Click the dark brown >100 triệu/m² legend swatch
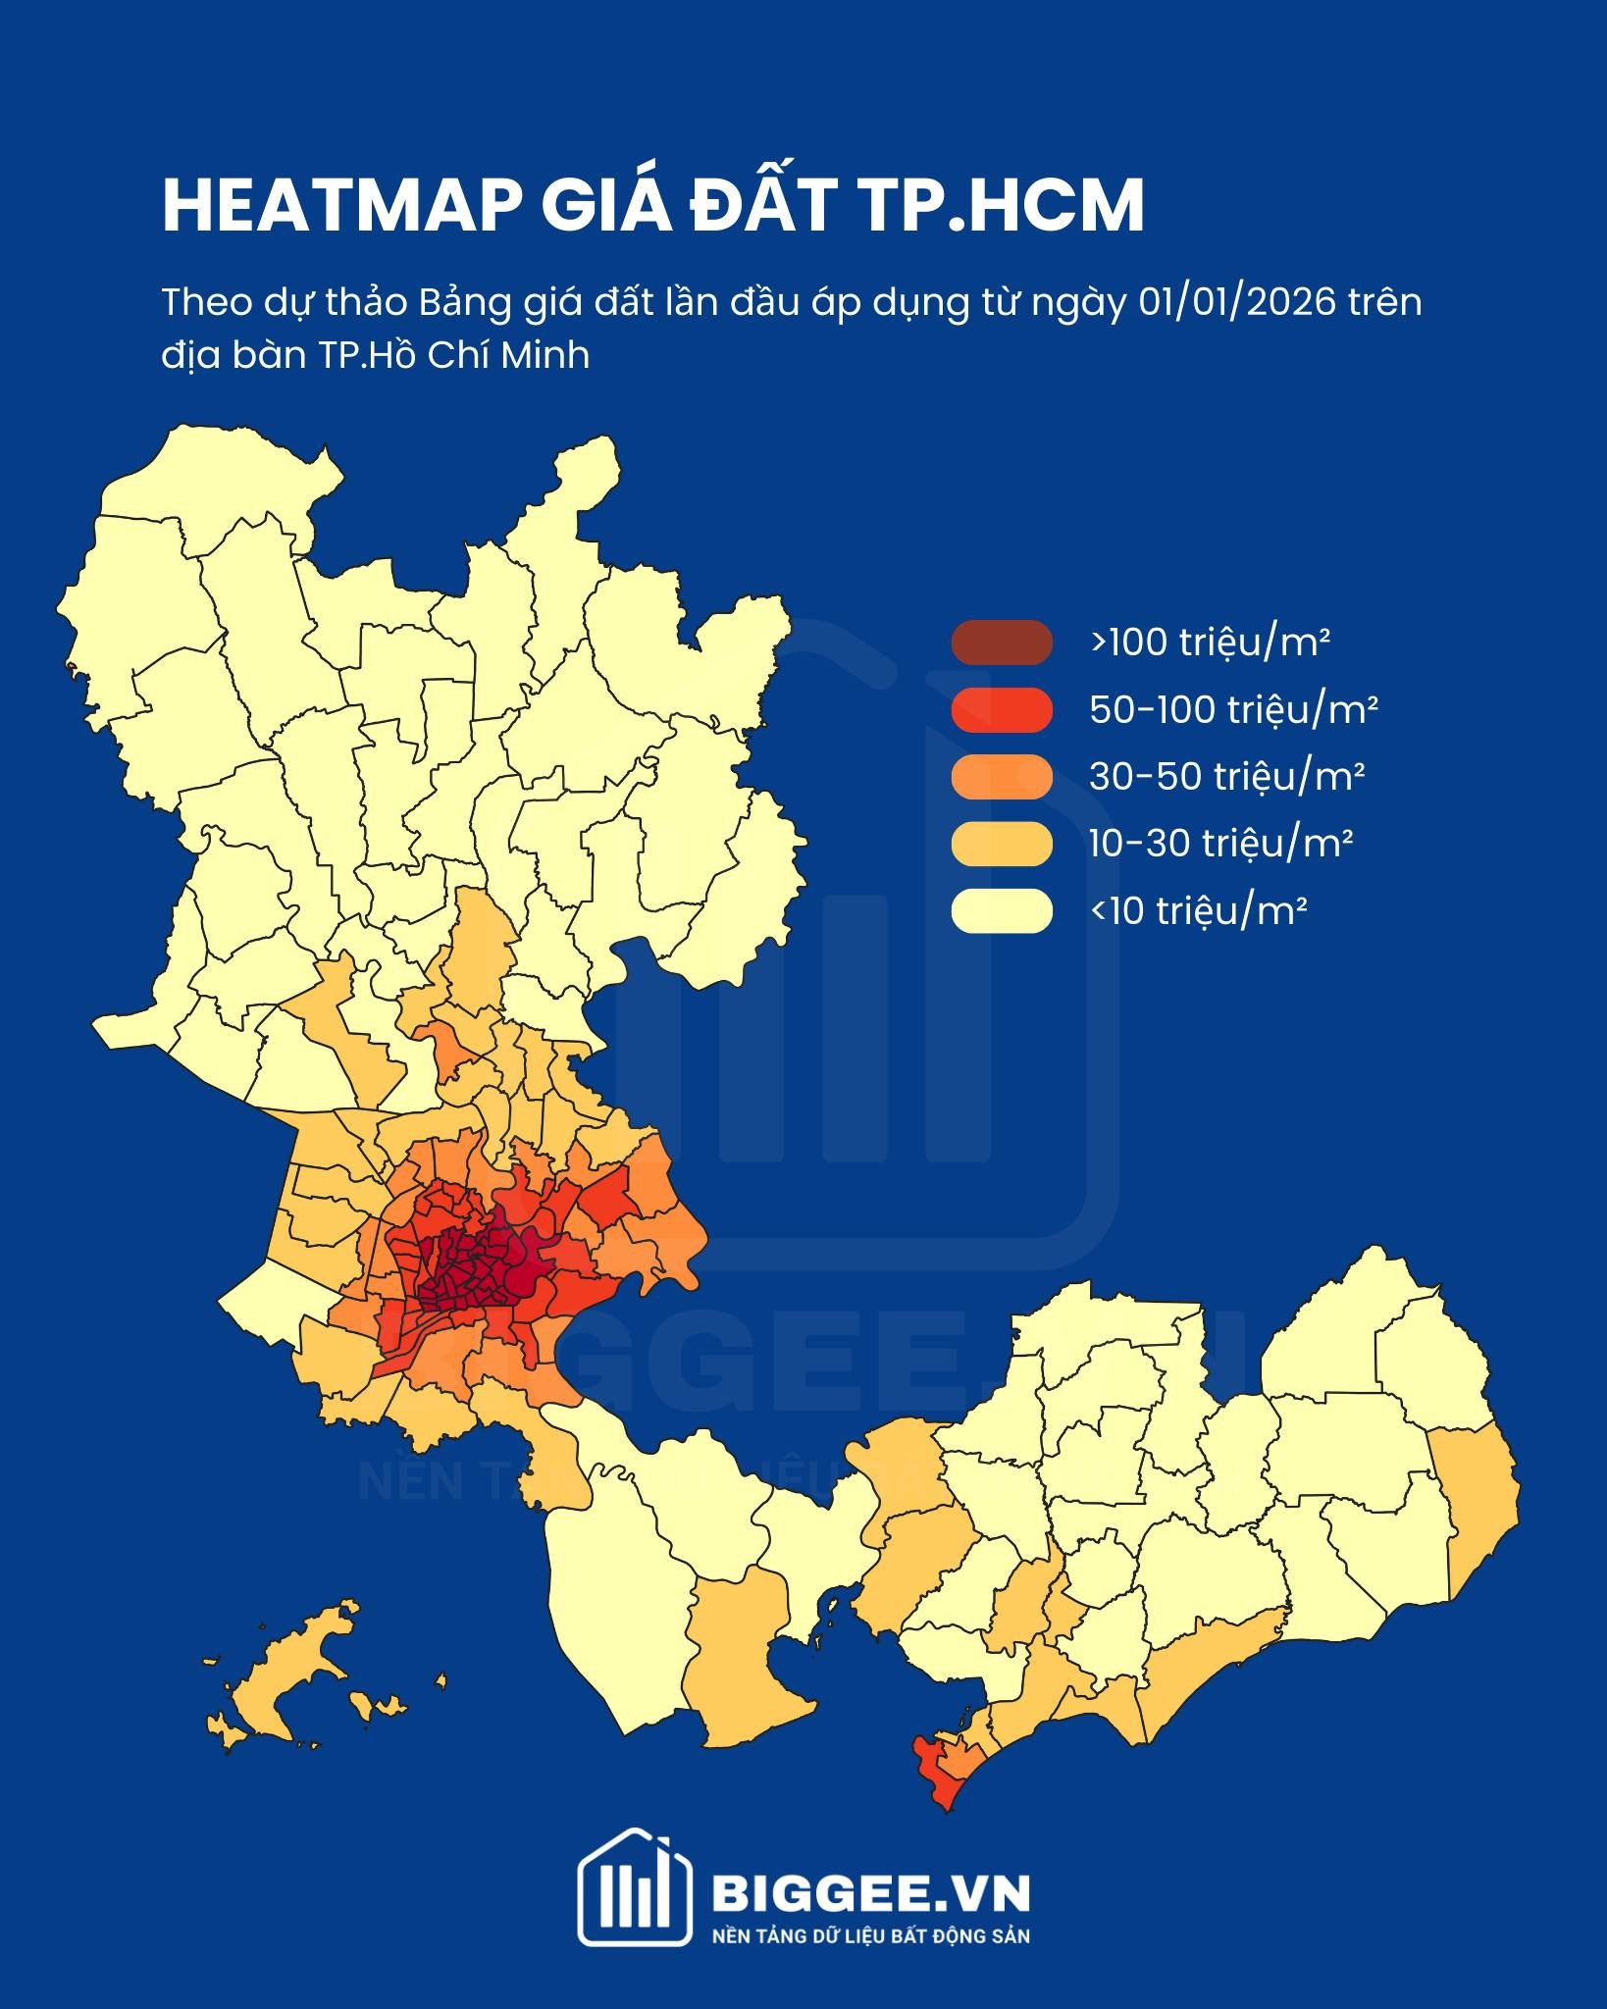click(x=1001, y=643)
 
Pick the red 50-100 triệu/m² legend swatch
click(x=1001, y=710)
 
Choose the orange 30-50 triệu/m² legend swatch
click(x=1001, y=777)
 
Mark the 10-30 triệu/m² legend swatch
click(x=1001, y=844)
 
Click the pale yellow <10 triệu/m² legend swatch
click(x=1001, y=910)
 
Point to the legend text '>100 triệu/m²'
click(x=1209, y=643)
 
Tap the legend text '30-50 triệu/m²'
click(x=1226, y=777)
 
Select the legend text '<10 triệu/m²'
click(x=1197, y=911)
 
